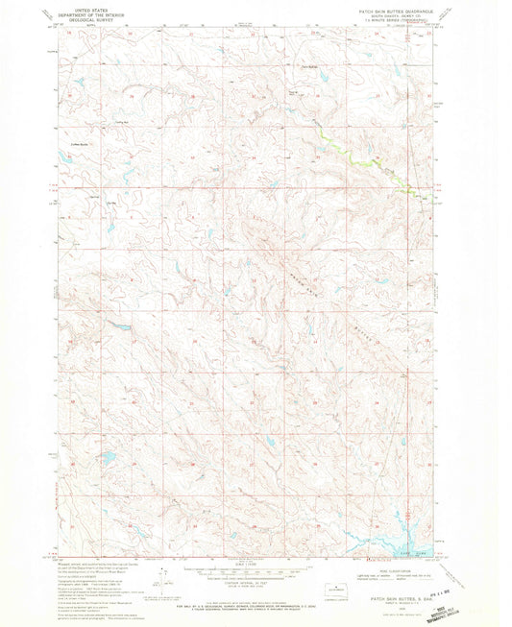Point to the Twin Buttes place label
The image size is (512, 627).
[x=309, y=65]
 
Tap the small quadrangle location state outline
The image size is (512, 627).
[x=333, y=588]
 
